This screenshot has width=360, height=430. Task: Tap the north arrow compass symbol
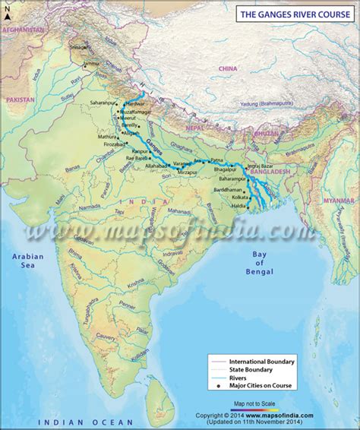7,11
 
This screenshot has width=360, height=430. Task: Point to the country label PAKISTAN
21,100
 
